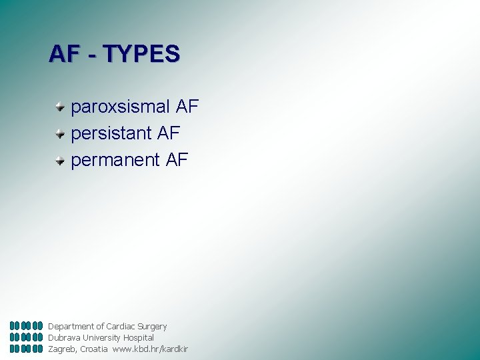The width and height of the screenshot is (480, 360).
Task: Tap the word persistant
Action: point(111,133)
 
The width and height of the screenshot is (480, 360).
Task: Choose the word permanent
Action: point(115,160)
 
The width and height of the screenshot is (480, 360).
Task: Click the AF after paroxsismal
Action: point(187,107)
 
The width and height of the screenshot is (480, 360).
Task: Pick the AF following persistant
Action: point(169,133)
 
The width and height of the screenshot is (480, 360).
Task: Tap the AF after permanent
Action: point(177,160)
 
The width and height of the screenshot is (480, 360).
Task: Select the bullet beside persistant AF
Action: point(60,133)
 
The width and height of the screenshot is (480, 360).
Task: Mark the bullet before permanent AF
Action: point(60,160)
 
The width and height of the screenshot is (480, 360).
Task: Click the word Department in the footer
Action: point(71,327)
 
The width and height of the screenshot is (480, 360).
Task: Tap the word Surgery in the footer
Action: point(153,327)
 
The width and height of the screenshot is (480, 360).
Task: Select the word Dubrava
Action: point(63,338)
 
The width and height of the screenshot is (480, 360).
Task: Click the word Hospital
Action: point(138,338)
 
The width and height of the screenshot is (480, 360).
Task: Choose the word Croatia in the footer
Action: point(93,349)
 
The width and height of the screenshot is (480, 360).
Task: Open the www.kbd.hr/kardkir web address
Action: point(150,349)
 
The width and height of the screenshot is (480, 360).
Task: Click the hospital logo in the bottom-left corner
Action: point(27,337)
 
